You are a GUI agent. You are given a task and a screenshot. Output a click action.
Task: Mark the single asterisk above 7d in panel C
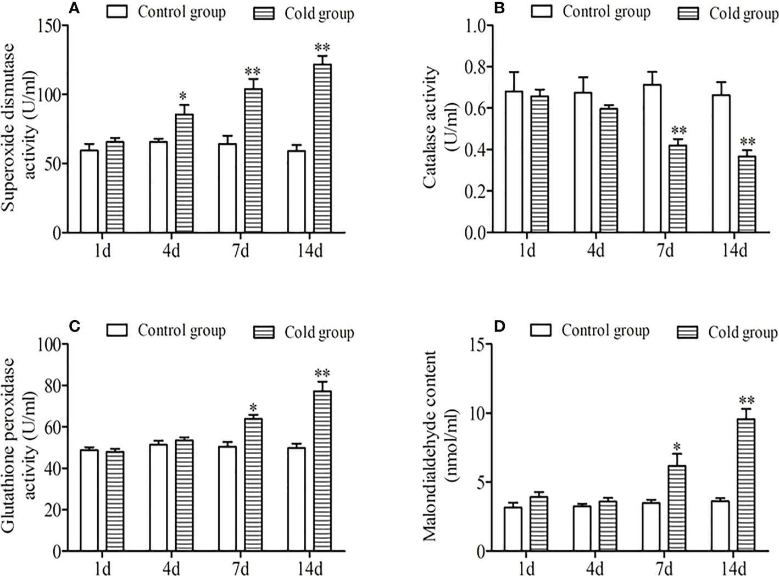253,408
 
